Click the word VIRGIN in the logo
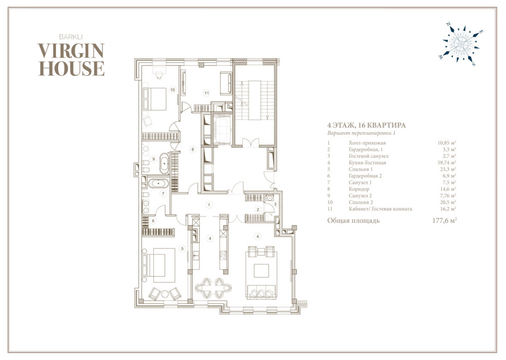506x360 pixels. coord(71,51)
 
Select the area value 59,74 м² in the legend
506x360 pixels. coord(447,163)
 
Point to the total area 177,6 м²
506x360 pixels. coord(444,221)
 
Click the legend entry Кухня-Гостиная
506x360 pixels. coord(367,163)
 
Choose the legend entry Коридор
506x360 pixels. coord(359,189)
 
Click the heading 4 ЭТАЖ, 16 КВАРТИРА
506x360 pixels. coord(366,125)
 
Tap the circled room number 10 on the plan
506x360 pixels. coord(173,90)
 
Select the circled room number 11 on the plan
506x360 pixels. coord(206,93)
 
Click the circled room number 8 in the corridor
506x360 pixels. coord(193,149)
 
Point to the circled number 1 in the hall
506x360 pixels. coord(209,205)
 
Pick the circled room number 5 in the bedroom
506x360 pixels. coord(182,249)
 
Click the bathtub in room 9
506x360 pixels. coord(164,164)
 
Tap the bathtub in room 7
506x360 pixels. coord(158,184)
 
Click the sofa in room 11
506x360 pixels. coord(226,84)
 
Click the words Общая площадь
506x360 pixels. coord(353,221)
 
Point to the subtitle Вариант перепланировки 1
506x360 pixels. coord(361,133)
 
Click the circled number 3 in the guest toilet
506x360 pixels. coord(275,205)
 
